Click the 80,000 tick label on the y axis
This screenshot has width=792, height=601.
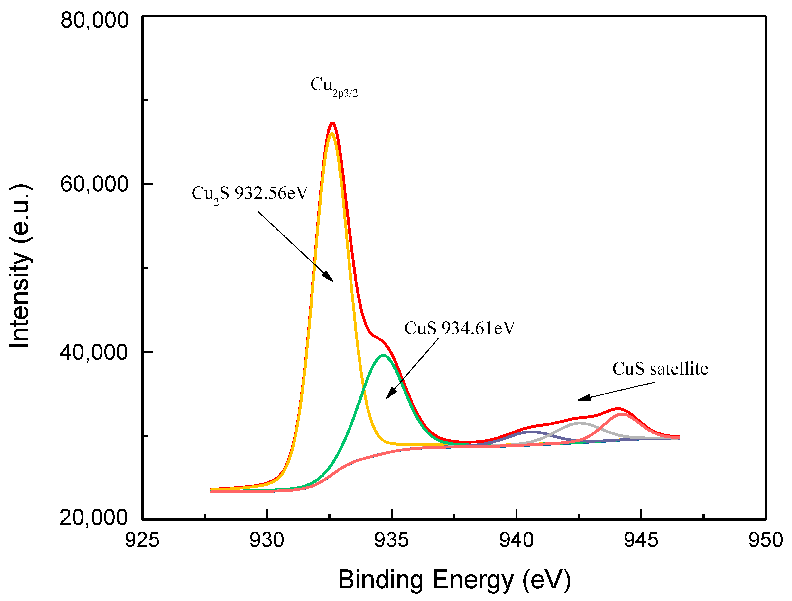(94, 20)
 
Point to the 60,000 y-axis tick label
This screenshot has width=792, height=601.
(94, 184)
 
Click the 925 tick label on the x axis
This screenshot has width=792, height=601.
(142, 540)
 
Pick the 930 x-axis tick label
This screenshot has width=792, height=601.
(267, 540)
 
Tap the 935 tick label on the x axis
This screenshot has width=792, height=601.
(391, 540)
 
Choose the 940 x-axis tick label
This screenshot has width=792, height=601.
(516, 540)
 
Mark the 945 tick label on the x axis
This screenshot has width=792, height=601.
(641, 540)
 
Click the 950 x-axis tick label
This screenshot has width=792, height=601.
(765, 540)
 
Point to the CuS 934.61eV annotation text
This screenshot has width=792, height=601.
(459, 328)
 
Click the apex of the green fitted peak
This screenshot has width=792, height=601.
(383, 355)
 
